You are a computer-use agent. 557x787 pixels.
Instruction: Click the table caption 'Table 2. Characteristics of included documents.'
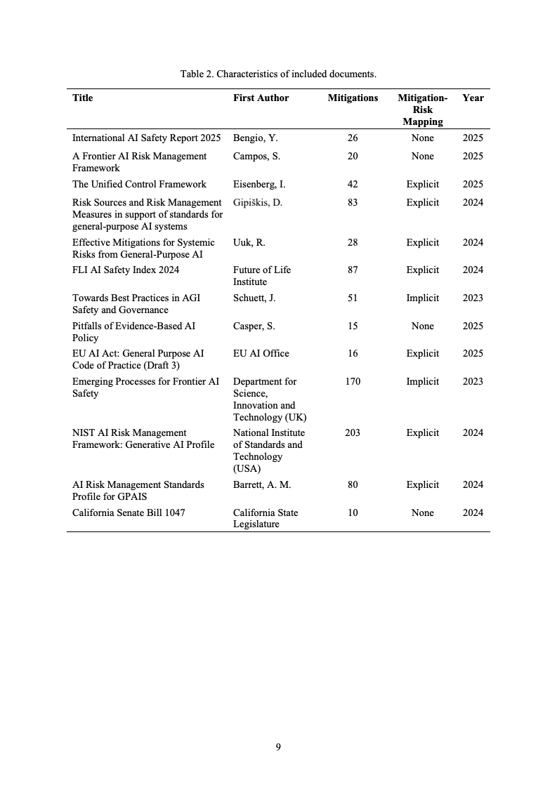pos(278,74)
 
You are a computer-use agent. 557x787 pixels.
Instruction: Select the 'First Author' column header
pos(261,98)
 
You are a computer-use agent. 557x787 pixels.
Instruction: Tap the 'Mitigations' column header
pos(353,98)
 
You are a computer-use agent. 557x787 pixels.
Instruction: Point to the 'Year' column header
pos(473,98)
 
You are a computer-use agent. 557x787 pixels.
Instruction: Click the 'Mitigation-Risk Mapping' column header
pos(422,110)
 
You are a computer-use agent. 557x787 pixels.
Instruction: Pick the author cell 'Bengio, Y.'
pos(256,138)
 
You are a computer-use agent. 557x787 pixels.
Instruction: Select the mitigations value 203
pos(353,433)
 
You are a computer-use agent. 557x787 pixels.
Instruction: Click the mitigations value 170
pos(353,382)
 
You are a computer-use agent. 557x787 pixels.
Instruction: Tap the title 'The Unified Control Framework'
pos(139,185)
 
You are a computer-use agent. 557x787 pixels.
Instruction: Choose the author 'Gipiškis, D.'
pos(259,203)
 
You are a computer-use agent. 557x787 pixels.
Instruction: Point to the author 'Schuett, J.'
pos(254,298)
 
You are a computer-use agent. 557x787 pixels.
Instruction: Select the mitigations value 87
pos(353,270)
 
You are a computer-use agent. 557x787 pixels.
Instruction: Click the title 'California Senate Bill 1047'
pos(129,513)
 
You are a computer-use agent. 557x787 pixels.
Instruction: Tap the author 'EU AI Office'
pos(261,354)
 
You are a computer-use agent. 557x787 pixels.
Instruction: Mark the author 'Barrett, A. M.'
pos(262,485)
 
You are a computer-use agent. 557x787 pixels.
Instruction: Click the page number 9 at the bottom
pos(278,747)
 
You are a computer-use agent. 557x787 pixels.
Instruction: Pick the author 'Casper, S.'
pos(254,326)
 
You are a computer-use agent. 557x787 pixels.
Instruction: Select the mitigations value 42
pos(353,185)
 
